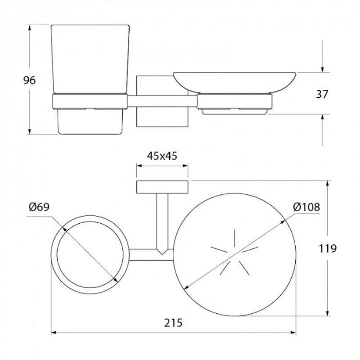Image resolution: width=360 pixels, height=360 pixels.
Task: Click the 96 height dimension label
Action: tap(30, 81)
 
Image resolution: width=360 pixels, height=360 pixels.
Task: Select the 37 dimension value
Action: tap(322, 94)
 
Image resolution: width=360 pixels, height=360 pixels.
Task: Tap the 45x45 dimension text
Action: tap(162, 156)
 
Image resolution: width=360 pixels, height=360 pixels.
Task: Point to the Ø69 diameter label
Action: tap(39, 207)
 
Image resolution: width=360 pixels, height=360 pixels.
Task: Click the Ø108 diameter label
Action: tap(306, 207)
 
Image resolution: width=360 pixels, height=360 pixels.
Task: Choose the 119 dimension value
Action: tap(328, 248)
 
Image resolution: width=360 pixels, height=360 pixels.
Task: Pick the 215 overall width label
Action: tap(173, 323)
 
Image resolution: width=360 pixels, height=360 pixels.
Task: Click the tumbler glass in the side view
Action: tap(90, 80)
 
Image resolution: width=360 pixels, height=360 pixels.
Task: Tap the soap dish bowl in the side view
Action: tap(234, 83)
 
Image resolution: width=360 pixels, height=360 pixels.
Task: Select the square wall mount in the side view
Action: tap(162, 101)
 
